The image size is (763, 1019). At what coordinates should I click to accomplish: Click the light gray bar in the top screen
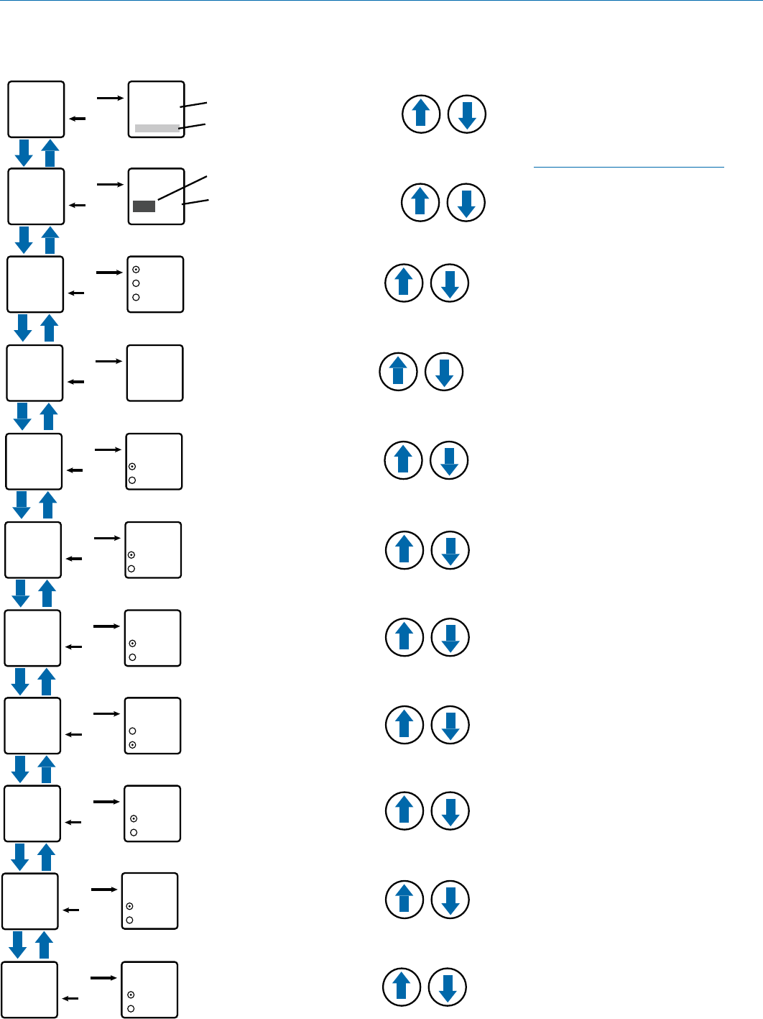coord(157,129)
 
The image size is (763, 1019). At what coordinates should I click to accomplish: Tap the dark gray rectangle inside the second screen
coord(144,206)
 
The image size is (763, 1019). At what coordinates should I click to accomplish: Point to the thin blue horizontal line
coord(629,168)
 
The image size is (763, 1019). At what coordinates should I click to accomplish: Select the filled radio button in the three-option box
coord(136,270)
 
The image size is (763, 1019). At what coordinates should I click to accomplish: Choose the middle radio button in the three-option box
coord(136,283)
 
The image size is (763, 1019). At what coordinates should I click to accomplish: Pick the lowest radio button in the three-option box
coord(136,297)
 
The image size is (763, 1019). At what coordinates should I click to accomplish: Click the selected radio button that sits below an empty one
coord(132,745)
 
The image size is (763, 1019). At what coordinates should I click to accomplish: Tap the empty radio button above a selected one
coord(132,731)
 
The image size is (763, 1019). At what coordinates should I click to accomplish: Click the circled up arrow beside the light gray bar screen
coord(421,114)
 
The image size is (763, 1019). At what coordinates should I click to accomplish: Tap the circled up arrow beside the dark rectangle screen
coord(420,202)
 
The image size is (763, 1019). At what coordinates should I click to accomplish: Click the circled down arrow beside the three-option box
coord(450,283)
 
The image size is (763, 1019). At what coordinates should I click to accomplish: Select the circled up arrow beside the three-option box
coord(404,283)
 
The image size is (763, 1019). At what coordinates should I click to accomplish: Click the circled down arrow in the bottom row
coord(447,987)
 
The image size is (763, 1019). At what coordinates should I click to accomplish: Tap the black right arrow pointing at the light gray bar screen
coord(110,98)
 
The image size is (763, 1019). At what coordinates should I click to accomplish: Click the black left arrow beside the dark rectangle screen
coord(76,206)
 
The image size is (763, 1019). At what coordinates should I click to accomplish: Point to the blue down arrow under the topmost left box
coord(24,152)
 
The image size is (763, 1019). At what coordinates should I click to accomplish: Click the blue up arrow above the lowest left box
coord(44,945)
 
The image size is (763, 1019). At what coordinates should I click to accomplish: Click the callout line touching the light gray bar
coord(193,127)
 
